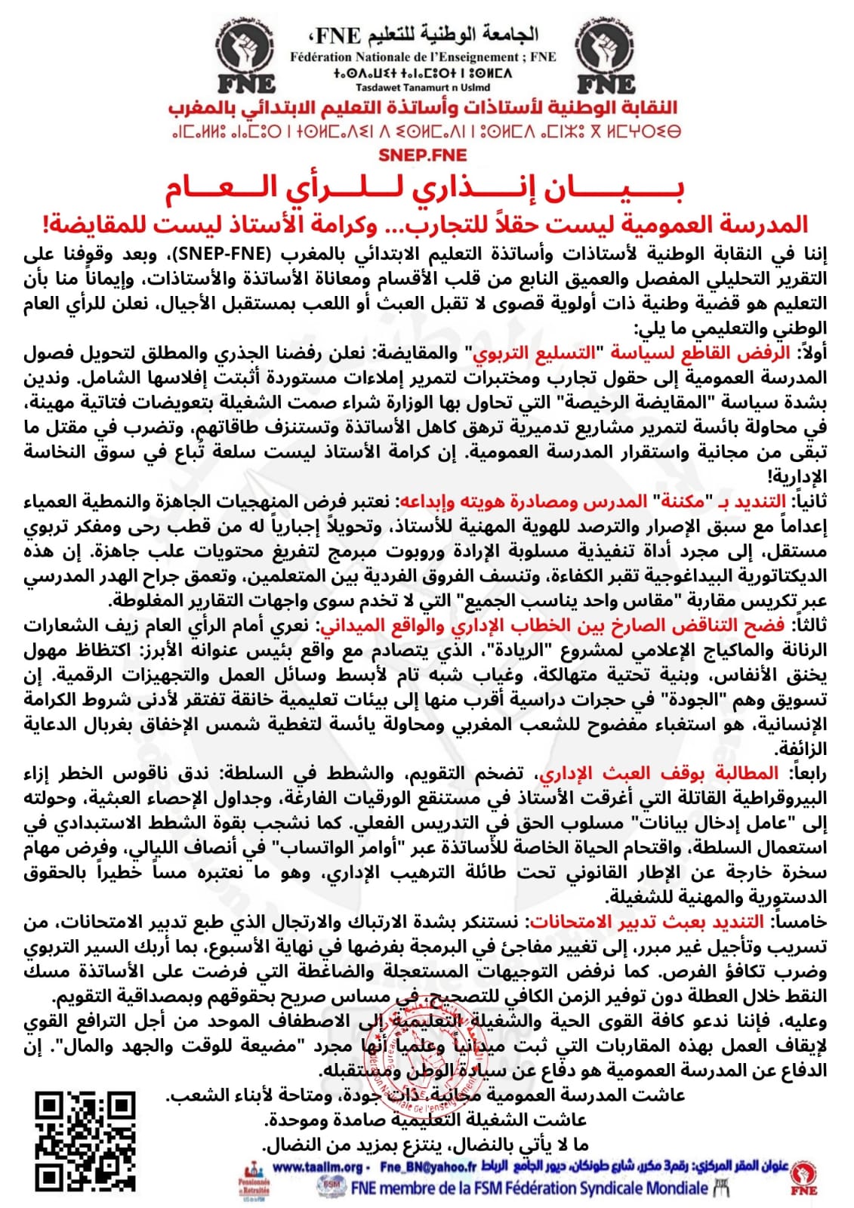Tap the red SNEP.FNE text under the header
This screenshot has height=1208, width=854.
[x=423, y=156]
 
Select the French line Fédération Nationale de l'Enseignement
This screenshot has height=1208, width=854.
[x=423, y=57]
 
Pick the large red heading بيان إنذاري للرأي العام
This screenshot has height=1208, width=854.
[x=425, y=190]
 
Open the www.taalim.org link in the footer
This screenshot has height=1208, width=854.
[x=318, y=1167]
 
